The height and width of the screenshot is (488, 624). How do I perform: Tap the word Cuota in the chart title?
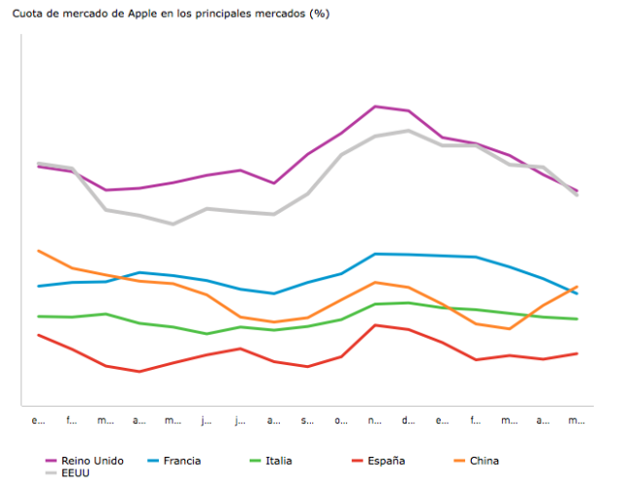(x=28, y=15)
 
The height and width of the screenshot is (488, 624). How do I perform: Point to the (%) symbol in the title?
(x=318, y=15)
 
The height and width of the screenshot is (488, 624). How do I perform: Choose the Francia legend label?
(x=182, y=461)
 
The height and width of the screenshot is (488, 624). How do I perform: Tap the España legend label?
(x=385, y=461)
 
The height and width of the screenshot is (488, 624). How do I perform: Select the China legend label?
(x=485, y=461)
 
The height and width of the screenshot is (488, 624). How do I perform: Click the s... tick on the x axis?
(x=307, y=421)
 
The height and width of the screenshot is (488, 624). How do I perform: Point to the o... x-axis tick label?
(x=341, y=421)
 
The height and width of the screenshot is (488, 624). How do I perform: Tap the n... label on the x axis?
(x=375, y=421)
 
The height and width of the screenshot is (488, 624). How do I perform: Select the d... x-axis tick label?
(x=409, y=421)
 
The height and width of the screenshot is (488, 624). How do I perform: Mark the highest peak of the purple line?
(x=375, y=106)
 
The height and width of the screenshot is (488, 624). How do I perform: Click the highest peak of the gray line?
(x=409, y=130)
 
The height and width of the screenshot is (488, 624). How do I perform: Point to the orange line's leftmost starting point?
(x=38, y=251)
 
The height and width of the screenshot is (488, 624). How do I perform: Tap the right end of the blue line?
(x=577, y=293)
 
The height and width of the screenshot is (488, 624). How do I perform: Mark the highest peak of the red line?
(x=375, y=325)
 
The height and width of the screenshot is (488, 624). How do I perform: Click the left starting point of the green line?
(x=38, y=316)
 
